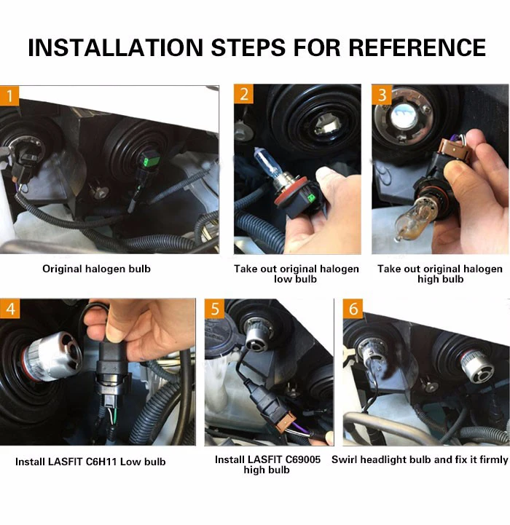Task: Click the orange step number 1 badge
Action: (9, 96)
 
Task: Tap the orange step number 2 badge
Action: (243, 94)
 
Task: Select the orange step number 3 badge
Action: (382, 95)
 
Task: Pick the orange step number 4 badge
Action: (9, 308)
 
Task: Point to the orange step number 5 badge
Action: (215, 308)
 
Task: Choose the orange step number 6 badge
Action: (353, 308)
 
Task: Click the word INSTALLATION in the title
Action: (116, 47)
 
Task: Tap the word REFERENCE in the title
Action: (417, 47)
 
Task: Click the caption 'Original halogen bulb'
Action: (96, 269)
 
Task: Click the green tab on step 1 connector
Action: (146, 162)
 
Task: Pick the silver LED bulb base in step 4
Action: (54, 357)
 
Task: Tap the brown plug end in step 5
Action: (286, 421)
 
